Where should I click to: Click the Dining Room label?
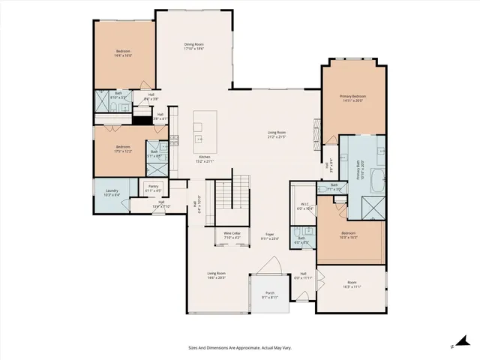194,45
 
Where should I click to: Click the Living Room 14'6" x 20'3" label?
217,274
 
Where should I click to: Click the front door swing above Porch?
271,266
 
